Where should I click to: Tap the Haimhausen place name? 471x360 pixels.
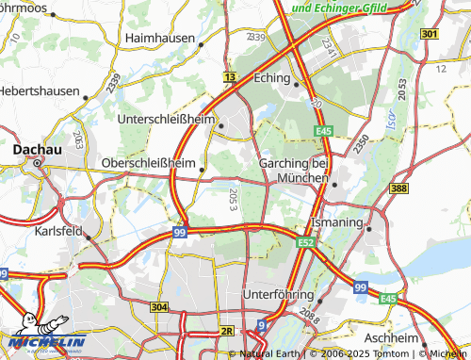click(x=160, y=39)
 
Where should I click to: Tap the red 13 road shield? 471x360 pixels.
click(x=230, y=76)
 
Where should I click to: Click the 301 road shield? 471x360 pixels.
click(x=430, y=35)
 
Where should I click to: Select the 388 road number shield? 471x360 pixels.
click(x=398, y=189)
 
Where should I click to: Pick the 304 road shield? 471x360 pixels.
click(x=158, y=307)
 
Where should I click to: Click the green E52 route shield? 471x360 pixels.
click(x=304, y=242)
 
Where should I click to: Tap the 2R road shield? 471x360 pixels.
click(x=226, y=331)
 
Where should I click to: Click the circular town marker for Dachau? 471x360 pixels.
click(x=38, y=163)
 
